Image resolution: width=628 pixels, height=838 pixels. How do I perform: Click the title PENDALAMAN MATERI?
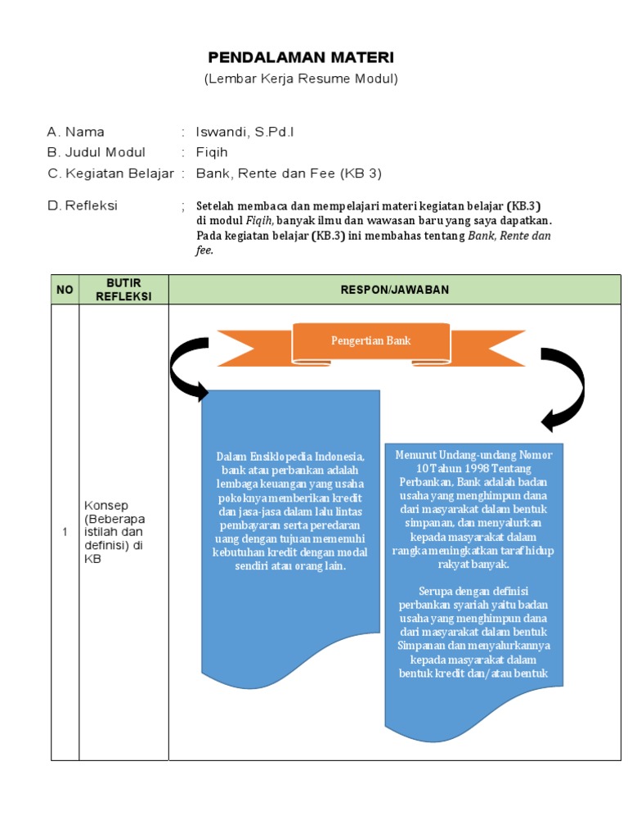click(x=301, y=57)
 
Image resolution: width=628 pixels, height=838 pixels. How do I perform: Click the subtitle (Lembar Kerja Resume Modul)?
click(x=301, y=79)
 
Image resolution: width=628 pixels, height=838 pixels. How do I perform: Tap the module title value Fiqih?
click(x=212, y=152)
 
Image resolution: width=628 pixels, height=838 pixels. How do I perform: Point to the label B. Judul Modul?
click(x=96, y=152)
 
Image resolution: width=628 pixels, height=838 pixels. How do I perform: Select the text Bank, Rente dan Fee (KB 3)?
click(x=289, y=173)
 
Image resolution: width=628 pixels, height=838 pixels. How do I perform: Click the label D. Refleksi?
click(x=83, y=205)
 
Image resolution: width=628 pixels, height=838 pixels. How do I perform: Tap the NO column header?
click(x=65, y=290)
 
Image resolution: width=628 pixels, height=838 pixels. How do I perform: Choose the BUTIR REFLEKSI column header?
click(x=123, y=290)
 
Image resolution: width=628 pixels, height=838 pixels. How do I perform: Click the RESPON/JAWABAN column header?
click(x=394, y=290)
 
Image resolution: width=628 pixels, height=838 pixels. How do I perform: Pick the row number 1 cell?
click(x=65, y=533)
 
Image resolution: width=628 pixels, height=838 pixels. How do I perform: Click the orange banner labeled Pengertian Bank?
click(x=370, y=341)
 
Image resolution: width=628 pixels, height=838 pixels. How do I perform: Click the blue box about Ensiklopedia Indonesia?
click(x=290, y=511)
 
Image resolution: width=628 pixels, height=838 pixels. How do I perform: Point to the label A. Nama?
click(x=76, y=132)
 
